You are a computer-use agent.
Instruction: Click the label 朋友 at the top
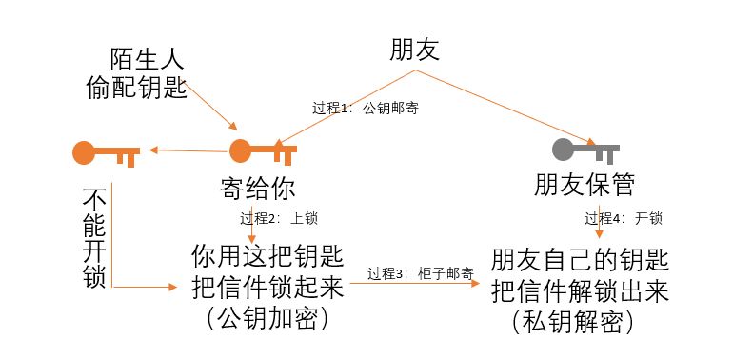click(x=414, y=50)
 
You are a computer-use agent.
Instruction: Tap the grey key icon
click(x=585, y=150)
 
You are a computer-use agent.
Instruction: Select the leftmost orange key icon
click(x=105, y=151)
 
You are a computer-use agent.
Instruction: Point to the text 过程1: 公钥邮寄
click(x=366, y=108)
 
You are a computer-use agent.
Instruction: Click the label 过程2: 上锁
click(x=278, y=218)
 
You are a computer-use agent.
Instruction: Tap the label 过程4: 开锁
click(x=623, y=218)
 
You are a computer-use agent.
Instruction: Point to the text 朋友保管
click(x=584, y=183)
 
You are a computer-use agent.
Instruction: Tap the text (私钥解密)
click(x=571, y=321)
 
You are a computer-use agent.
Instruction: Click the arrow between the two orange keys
click(x=186, y=150)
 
